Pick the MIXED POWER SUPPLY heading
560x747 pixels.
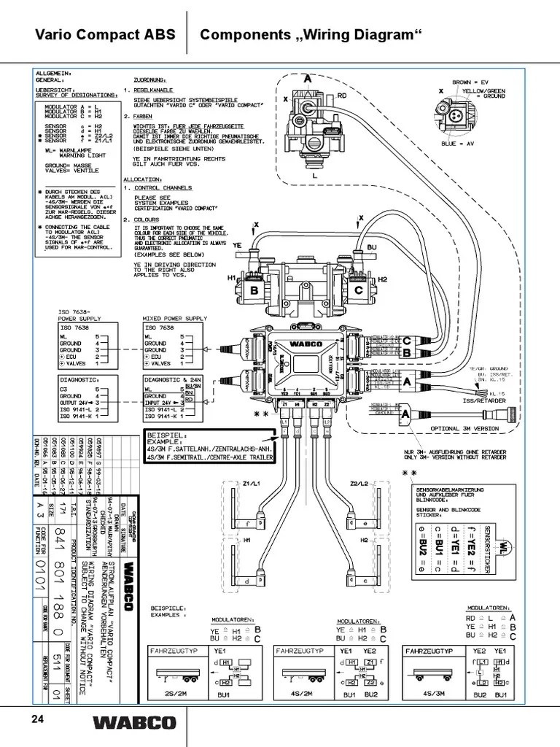[x=176, y=319]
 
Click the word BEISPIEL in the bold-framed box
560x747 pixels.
[x=168, y=436]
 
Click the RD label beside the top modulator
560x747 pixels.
[x=341, y=94]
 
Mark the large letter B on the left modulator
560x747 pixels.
[x=254, y=290]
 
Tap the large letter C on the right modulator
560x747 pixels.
[x=358, y=290]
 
